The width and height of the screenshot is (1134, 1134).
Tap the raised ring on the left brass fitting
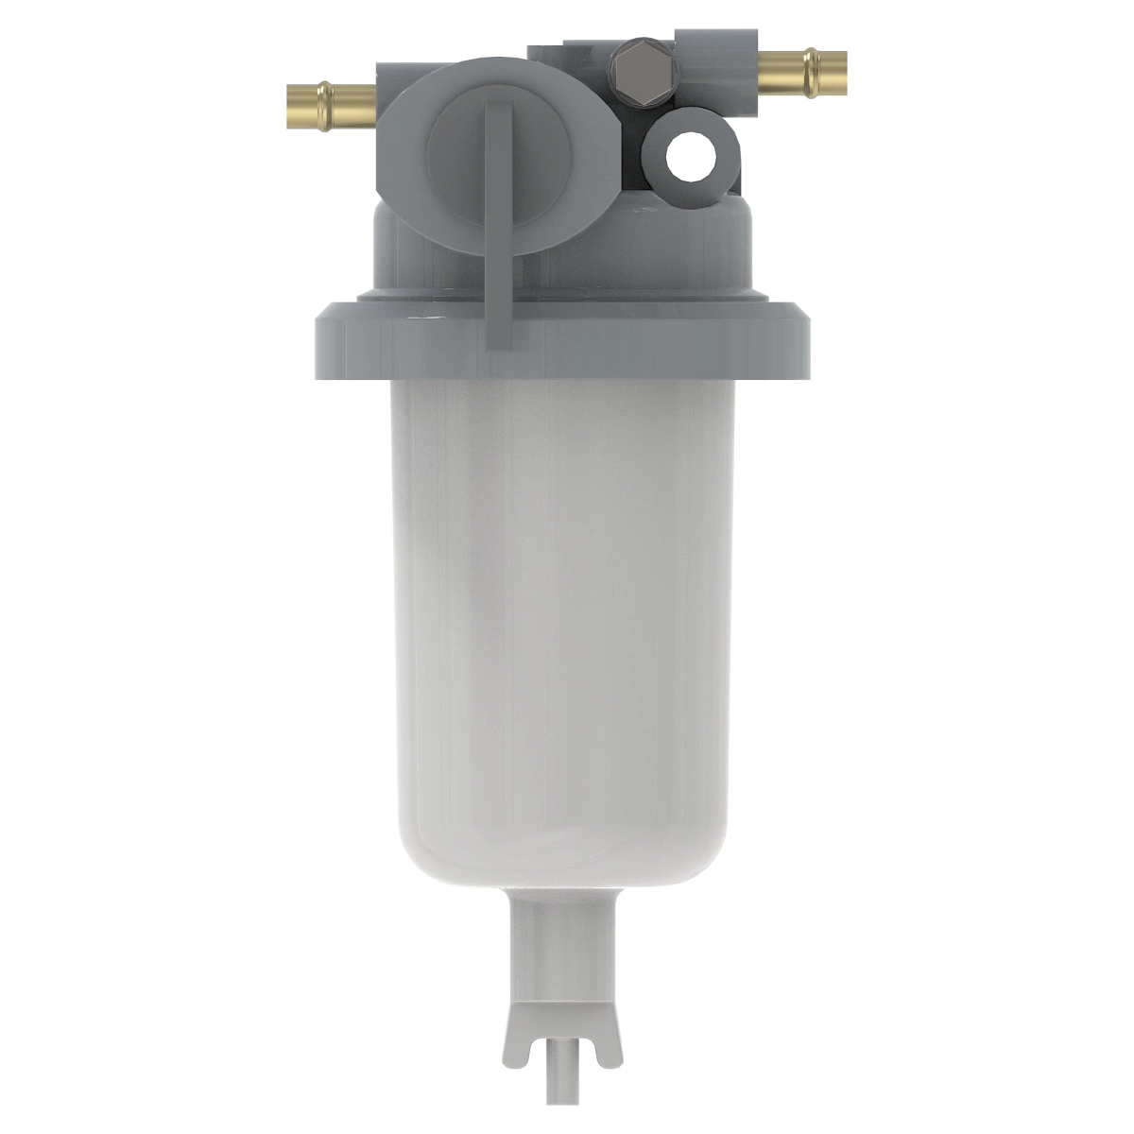click(324, 96)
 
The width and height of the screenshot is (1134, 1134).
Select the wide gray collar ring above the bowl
click(562, 340)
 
